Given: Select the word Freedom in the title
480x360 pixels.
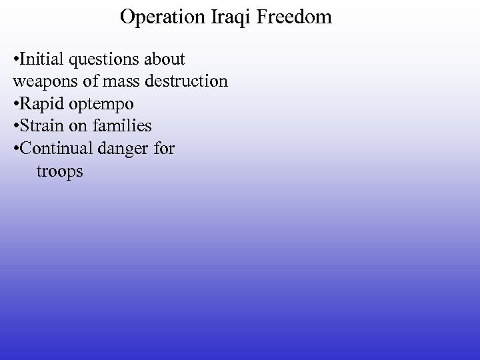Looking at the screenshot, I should [295, 17].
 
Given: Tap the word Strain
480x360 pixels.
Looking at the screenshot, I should [41, 126].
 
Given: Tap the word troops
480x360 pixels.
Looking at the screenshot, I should [60, 172].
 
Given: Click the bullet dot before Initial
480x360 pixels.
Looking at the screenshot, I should [15, 60].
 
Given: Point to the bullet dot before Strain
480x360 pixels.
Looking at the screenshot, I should [15, 127].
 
